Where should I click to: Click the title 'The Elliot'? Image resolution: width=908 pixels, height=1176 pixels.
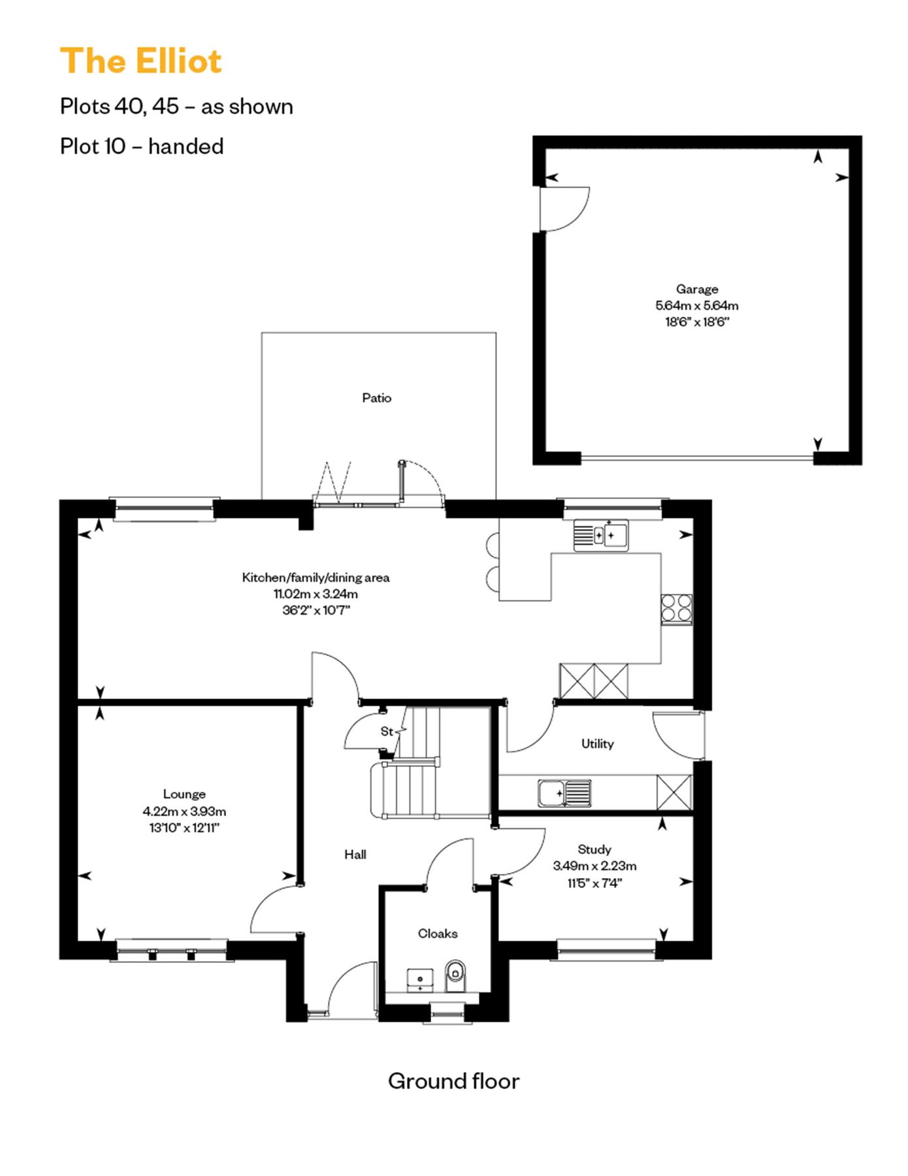click(x=141, y=61)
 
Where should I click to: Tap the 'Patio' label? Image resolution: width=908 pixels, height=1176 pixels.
click(x=376, y=398)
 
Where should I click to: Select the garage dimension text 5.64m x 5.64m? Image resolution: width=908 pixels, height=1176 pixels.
click(x=696, y=305)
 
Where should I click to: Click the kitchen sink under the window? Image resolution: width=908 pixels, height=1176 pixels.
click(x=601, y=535)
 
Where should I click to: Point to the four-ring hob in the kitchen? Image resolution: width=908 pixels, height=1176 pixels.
click(x=676, y=608)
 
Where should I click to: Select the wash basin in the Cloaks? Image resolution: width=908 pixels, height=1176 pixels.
click(x=420, y=980)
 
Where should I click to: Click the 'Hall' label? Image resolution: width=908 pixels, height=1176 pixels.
click(x=355, y=855)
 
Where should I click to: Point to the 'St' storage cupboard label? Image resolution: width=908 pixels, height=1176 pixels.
click(x=387, y=731)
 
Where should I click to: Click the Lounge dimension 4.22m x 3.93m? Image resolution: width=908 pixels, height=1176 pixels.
click(x=184, y=811)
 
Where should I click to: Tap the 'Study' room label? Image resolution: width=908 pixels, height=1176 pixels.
click(x=594, y=849)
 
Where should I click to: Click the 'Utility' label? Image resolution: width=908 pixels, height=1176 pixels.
click(x=597, y=743)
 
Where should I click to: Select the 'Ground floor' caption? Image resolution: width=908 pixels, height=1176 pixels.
click(x=453, y=1081)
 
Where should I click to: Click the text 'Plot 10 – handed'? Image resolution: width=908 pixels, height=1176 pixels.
click(x=142, y=146)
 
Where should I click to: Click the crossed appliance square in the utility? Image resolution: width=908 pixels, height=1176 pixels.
click(x=674, y=792)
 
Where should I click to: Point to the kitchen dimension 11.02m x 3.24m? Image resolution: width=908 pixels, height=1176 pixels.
click(x=316, y=594)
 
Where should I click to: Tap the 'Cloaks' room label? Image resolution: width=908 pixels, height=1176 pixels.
click(x=437, y=934)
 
